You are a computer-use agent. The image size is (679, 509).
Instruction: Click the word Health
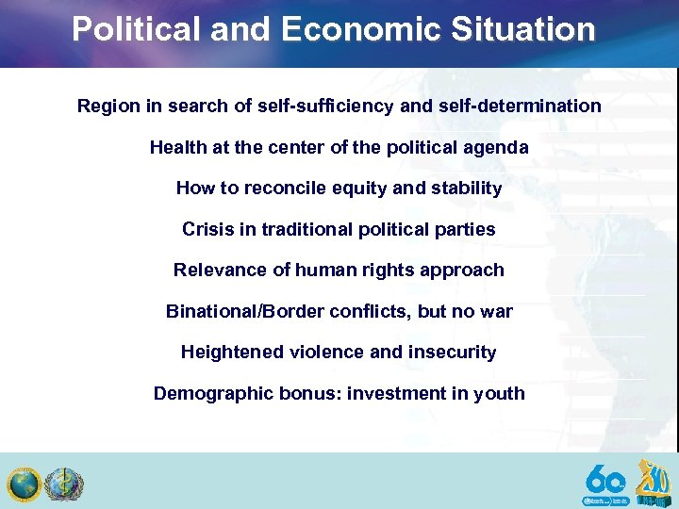point(176,147)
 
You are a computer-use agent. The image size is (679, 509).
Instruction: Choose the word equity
point(361,188)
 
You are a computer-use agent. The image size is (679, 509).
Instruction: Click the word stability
point(467,188)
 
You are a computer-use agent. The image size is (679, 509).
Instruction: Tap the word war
point(495,311)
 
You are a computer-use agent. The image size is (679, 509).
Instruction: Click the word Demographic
point(213,393)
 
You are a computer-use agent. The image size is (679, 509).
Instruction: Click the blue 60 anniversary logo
point(605,484)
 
